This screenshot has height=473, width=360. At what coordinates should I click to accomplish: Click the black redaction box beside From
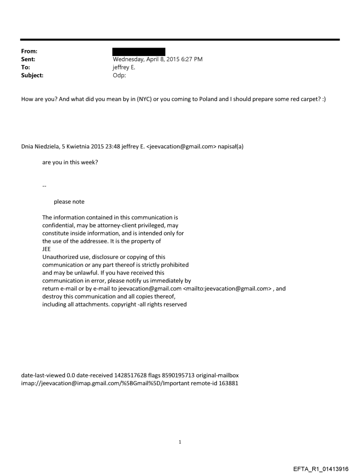(139, 52)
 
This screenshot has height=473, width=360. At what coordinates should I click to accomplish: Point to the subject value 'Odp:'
(120, 75)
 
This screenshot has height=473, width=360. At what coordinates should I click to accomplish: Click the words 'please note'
(69, 202)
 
